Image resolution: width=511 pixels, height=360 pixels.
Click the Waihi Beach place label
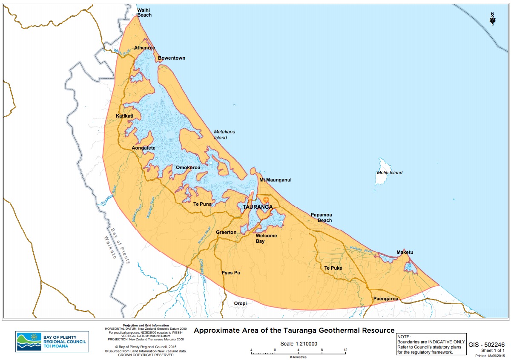point(144,12)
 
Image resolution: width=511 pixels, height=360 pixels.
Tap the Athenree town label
point(144,48)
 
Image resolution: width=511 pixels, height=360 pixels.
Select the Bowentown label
point(172,58)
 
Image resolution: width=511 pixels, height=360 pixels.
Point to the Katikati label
point(125,116)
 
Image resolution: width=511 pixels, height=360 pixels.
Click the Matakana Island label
point(224,135)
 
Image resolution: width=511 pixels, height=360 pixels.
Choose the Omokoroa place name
point(188,167)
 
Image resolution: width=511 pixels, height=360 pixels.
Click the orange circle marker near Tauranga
point(266,199)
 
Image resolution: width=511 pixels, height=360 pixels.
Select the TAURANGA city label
point(258,207)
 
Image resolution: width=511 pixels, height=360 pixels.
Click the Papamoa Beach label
point(321,217)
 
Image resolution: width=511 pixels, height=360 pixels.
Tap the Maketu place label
point(405,252)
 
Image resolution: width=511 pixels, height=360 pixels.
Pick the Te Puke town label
point(333,268)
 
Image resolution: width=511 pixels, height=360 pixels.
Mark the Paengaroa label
point(385,299)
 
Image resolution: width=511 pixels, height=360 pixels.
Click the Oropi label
point(240,303)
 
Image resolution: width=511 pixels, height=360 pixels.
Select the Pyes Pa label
point(231,273)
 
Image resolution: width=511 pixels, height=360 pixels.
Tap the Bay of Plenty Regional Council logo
point(52,342)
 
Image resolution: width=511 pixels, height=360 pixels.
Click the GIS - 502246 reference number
point(486,345)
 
